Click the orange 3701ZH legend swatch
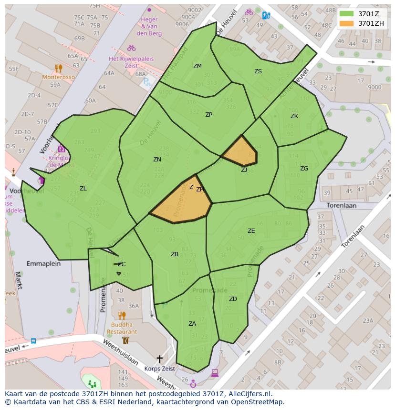[347, 23]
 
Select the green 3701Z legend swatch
[347, 13]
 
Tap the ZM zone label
[197, 66]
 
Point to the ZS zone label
[258, 71]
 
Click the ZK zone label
[294, 116]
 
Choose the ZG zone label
[304, 169]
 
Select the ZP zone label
[208, 115]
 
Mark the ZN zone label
[157, 160]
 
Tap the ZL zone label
[83, 189]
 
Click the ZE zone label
[251, 231]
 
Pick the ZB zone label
[175, 254]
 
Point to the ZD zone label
[233, 299]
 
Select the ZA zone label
[192, 324]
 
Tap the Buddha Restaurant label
[122, 329]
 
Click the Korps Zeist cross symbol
[159, 359]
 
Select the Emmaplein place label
[43, 263]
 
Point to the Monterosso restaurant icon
[58, 69]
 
